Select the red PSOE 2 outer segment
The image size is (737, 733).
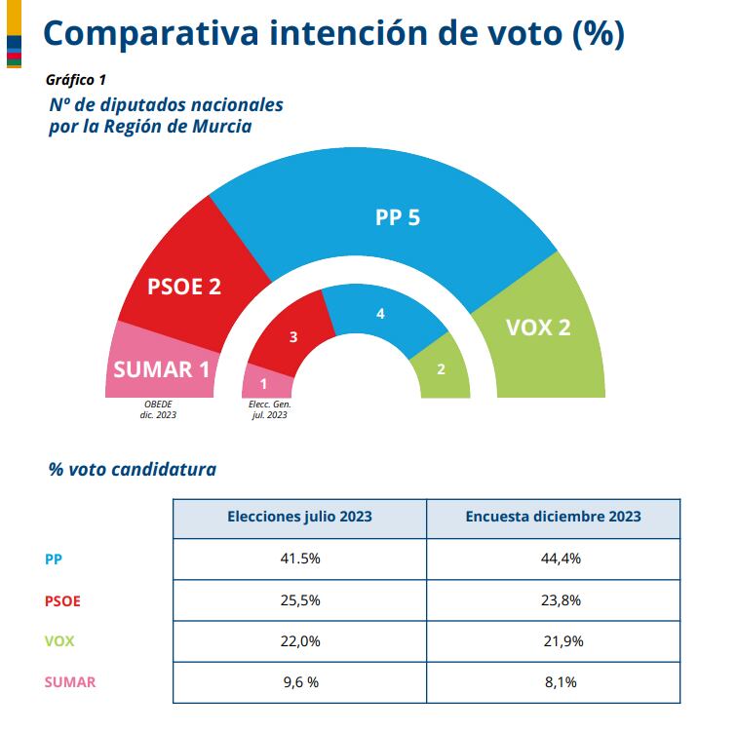[185, 287]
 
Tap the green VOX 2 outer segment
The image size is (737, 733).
[538, 327]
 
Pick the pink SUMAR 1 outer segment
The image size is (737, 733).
[161, 369]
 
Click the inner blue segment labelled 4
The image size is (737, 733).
[380, 314]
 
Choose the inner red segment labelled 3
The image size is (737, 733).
[292, 337]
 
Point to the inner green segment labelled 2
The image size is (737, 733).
[441, 369]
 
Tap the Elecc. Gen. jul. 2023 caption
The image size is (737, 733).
[270, 409]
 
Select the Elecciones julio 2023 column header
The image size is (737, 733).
[299, 517]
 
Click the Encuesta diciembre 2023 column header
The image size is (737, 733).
[553, 517]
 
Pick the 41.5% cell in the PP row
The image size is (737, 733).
[299, 559]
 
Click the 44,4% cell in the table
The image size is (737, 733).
[553, 559]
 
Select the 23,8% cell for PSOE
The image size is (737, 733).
[553, 600]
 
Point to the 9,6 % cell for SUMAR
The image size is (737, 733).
[299, 682]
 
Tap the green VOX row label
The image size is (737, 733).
[60, 641]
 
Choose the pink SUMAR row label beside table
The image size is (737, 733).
[70, 682]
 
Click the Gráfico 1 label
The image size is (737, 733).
[76, 80]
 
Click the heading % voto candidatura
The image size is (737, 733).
[133, 469]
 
